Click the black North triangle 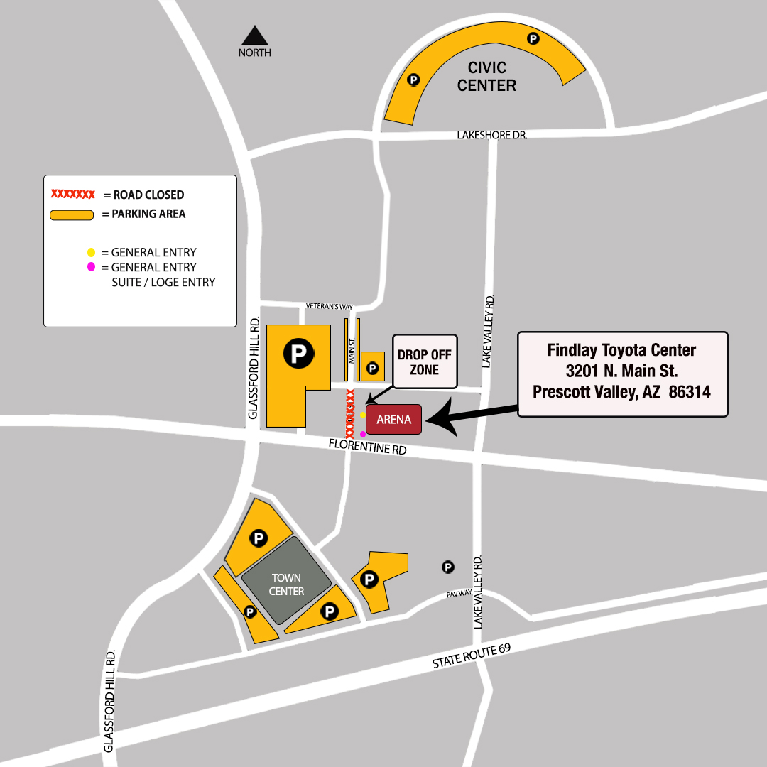[254, 36]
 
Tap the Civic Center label [486, 77]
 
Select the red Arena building [394, 419]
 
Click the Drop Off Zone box [425, 361]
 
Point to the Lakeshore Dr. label [491, 134]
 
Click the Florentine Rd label [367, 447]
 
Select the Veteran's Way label [330, 306]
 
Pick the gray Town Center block [286, 584]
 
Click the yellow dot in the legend [91, 252]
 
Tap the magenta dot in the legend [91, 267]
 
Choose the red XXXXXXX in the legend [72, 194]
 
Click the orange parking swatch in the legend [72, 214]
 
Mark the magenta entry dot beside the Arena [363, 434]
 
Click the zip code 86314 [690, 391]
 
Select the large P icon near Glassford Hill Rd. [298, 353]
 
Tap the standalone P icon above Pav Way [448, 567]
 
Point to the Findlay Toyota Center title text [621, 350]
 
